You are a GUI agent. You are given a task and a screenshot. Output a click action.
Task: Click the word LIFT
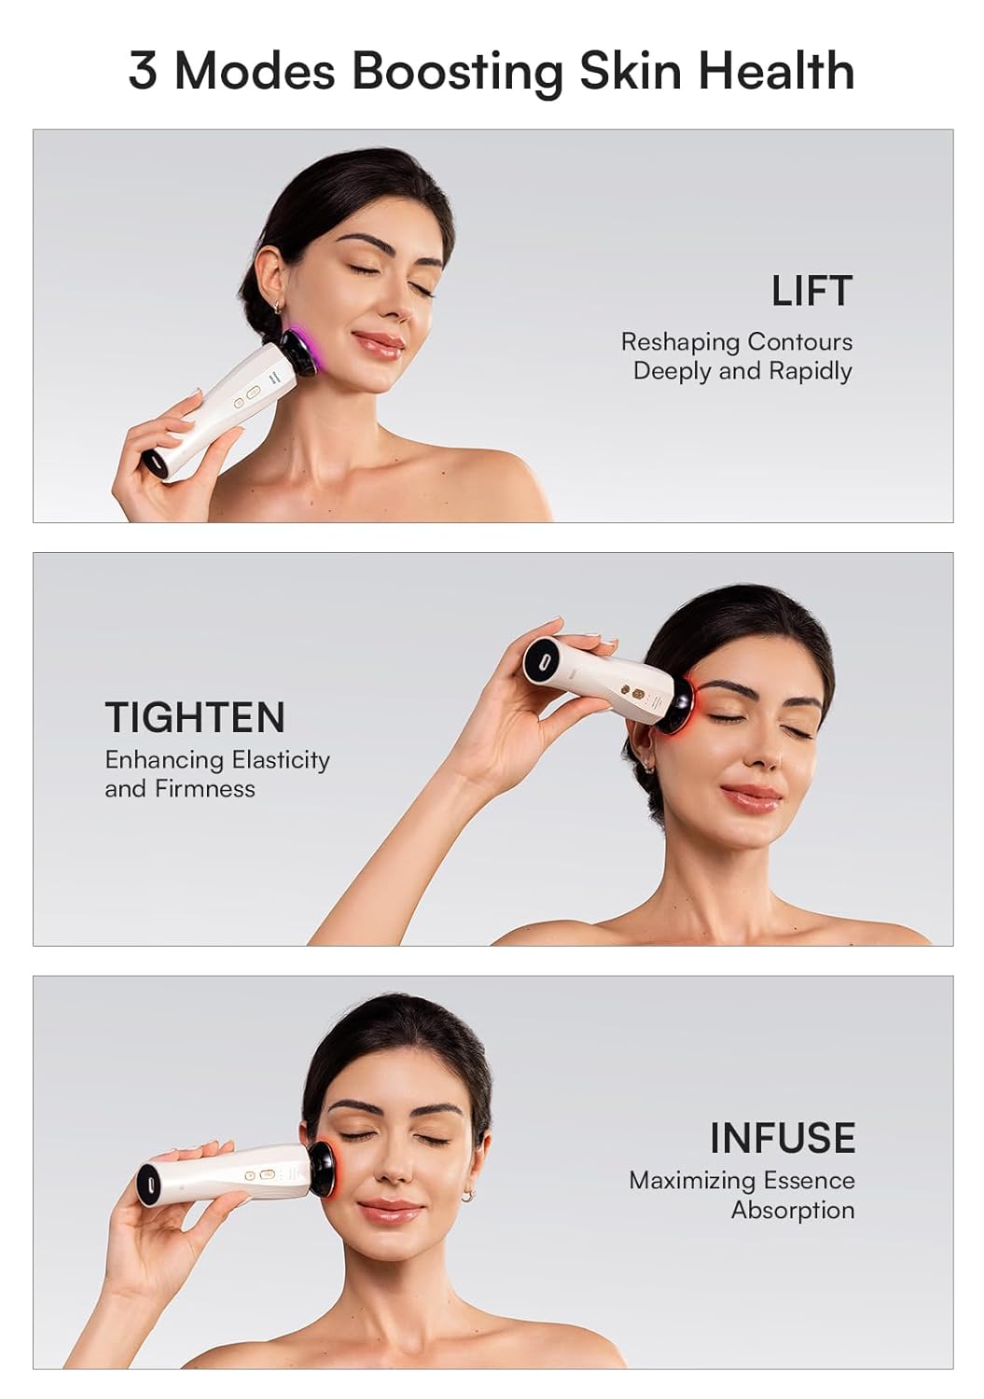coord(811,291)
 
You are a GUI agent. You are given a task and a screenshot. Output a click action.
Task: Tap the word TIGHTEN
coord(195,717)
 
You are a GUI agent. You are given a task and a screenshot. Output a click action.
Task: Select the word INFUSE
coord(782,1138)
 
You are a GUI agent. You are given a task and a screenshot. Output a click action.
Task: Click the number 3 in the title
coord(143,71)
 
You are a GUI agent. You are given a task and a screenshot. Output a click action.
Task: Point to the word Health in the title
coord(776,71)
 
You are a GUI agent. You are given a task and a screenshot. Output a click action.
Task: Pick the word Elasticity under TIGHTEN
coord(281,760)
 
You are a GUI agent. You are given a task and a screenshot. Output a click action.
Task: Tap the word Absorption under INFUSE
coord(793,1210)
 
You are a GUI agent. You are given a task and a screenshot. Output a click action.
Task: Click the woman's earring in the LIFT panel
coord(277,306)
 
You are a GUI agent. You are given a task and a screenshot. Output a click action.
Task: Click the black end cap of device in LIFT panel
coord(155,464)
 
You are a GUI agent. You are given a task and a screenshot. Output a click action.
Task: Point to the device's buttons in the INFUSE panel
coord(258,1176)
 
